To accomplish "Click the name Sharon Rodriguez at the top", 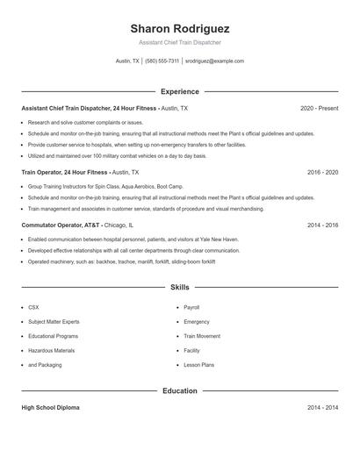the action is click(x=179, y=27).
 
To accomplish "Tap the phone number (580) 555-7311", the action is click(x=162, y=61).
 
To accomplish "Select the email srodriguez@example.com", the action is click(x=214, y=61).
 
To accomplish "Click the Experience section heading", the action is click(x=179, y=91).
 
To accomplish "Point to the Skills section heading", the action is click(x=179, y=287).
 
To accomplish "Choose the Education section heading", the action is click(x=179, y=390).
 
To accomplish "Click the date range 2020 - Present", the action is click(x=319, y=108).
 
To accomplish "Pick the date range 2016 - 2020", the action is click(x=322, y=173).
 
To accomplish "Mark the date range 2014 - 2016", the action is click(x=322, y=225).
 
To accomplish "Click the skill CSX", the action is click(x=33, y=308).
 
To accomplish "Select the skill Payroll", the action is click(x=191, y=308).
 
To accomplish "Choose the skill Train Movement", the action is click(x=202, y=336).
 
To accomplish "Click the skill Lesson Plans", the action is click(x=198, y=364).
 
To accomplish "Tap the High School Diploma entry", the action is click(x=52, y=408).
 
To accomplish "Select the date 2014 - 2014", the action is click(x=322, y=408).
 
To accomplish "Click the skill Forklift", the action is click(x=192, y=350).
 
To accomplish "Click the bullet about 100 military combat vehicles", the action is click(x=118, y=155).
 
